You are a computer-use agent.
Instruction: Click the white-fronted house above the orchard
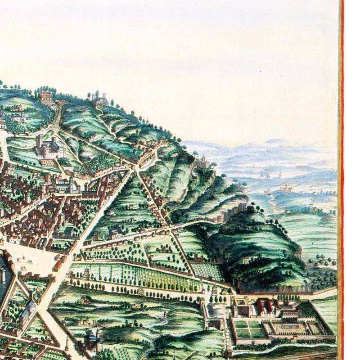click(116, 233)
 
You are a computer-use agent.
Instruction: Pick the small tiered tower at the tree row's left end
click(86, 272)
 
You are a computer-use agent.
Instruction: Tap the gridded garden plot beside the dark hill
click(207, 271)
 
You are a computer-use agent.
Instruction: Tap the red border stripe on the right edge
click(342, 180)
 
